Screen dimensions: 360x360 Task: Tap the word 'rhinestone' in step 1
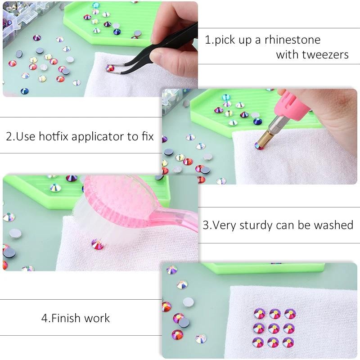click(292, 40)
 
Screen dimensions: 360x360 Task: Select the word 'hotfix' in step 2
click(54, 136)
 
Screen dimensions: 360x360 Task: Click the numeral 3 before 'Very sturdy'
click(206, 225)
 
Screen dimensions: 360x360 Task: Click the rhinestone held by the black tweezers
click(110, 68)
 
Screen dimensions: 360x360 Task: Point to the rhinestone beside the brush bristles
click(98, 244)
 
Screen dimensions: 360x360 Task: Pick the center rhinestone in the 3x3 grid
click(274, 328)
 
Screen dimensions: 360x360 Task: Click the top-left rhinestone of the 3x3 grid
click(260, 314)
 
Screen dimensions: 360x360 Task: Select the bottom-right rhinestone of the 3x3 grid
click(288, 342)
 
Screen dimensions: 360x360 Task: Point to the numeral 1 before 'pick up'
click(207, 40)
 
